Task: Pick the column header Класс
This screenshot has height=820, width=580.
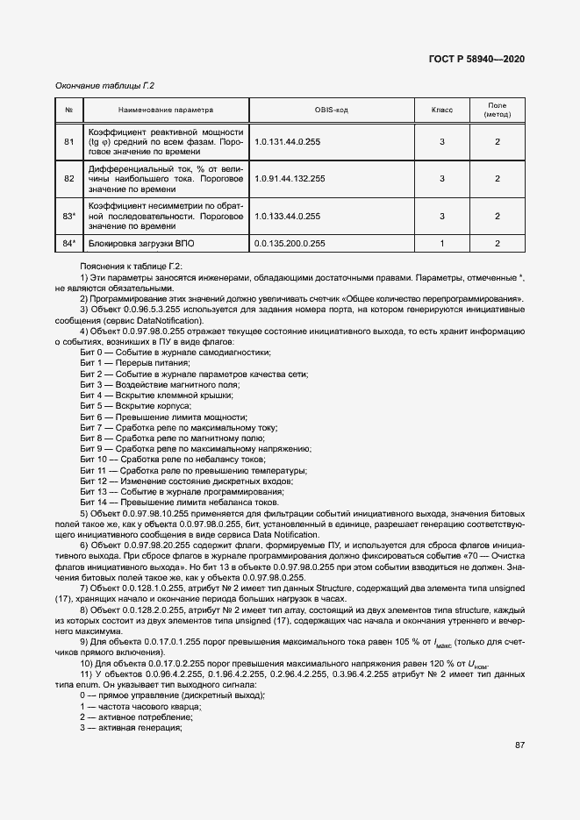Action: click(441, 111)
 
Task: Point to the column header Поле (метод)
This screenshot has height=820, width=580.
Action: click(497, 111)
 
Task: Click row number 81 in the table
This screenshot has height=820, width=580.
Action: click(69, 141)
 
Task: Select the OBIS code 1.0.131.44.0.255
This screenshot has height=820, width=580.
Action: click(288, 141)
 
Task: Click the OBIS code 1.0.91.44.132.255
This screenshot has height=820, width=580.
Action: click(290, 179)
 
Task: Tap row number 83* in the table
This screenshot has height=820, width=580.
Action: click(69, 216)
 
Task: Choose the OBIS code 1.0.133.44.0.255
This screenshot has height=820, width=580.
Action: click(288, 216)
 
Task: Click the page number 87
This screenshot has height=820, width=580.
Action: click(519, 745)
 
